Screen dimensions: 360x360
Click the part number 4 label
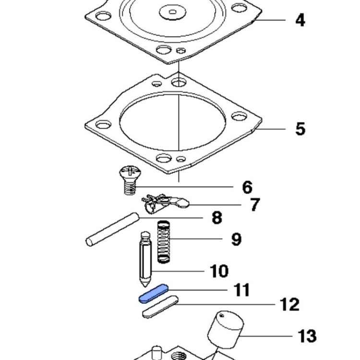click(300, 21)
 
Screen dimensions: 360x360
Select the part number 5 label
click(300, 129)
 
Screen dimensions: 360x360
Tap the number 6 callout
click(247, 187)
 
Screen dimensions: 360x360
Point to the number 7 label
click(254, 205)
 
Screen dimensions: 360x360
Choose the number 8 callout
click(217, 218)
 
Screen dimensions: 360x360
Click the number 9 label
click(236, 239)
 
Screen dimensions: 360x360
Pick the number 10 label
click(219, 271)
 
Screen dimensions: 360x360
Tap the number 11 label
click(242, 290)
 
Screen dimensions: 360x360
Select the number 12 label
click(289, 304)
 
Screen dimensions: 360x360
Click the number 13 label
click(307, 336)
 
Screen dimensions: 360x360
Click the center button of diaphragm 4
click(172, 10)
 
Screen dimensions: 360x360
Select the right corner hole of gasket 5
click(239, 117)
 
